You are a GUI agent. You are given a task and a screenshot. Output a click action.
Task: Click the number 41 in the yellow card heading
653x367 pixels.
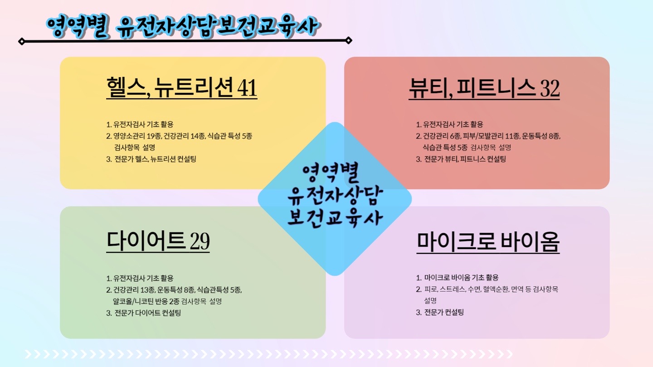click(x=247, y=88)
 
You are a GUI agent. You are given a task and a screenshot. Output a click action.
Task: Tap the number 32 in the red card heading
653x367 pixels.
click(x=550, y=88)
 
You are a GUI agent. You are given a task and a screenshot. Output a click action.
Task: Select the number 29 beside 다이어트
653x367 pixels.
click(x=200, y=241)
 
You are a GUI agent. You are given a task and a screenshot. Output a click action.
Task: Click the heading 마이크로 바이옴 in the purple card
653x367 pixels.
click(x=488, y=242)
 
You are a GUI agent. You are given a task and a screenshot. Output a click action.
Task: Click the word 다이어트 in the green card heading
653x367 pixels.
click(x=146, y=241)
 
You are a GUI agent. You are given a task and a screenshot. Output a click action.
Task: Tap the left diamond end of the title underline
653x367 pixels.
click(x=22, y=41)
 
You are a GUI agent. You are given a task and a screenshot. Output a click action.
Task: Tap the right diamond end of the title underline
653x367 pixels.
click(x=349, y=40)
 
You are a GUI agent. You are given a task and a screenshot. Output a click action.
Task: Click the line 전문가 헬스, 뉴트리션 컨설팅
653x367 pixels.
click(x=155, y=159)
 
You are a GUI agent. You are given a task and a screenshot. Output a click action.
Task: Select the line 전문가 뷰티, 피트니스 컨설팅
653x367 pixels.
click(x=465, y=159)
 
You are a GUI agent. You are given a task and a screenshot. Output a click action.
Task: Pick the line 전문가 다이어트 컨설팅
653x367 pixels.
click(x=147, y=313)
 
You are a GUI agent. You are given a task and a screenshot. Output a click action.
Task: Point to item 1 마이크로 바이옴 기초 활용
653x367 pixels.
click(x=461, y=278)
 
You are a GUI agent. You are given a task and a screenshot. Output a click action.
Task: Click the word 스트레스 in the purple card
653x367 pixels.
click(x=453, y=289)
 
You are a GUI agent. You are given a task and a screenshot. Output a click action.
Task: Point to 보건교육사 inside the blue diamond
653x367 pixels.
click(x=335, y=218)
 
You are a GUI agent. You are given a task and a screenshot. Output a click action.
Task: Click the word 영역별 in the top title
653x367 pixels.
click(x=77, y=27)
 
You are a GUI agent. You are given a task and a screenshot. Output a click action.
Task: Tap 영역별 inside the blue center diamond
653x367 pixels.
click(x=330, y=173)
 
